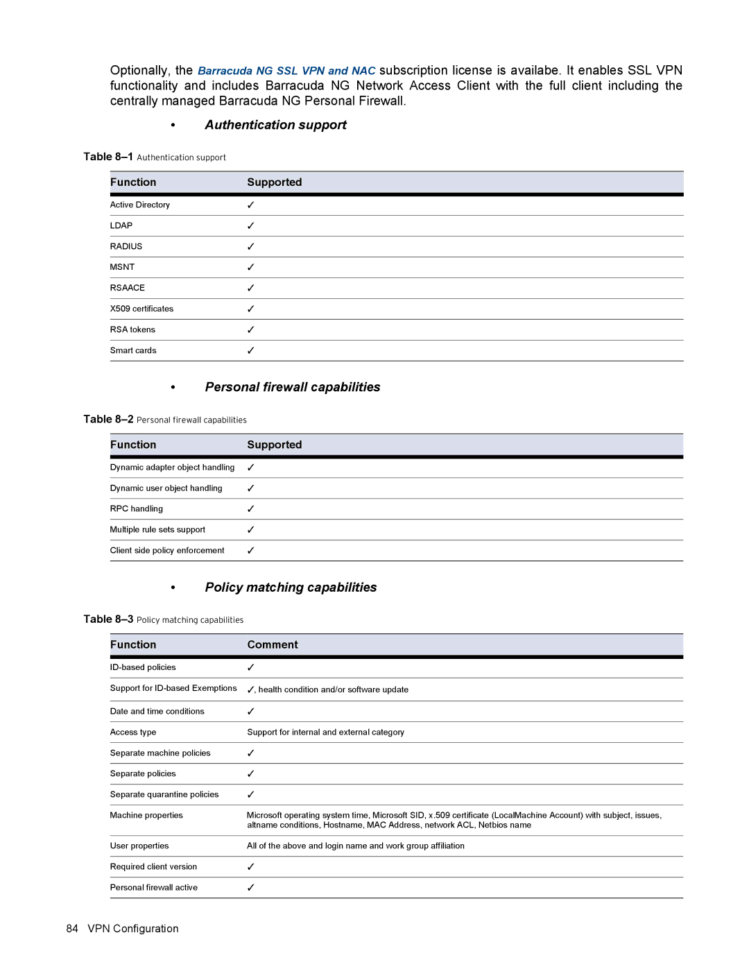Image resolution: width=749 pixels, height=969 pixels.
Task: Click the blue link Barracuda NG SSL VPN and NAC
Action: click(286, 71)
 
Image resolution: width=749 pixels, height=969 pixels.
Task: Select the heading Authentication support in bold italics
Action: click(275, 125)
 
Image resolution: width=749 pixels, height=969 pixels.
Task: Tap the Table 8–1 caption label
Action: click(108, 157)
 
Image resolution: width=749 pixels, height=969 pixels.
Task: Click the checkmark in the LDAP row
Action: click(250, 225)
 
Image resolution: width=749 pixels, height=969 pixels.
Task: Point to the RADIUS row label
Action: click(126, 246)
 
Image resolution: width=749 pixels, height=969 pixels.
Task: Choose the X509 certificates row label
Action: click(141, 309)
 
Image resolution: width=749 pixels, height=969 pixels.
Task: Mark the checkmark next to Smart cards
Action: click(250, 350)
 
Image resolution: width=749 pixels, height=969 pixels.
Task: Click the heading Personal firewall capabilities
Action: click(292, 387)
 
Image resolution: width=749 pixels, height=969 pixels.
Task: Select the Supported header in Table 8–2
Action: click(274, 445)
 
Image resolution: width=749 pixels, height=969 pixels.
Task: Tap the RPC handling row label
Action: click(137, 508)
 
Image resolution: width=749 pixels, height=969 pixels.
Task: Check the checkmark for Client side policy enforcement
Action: click(250, 550)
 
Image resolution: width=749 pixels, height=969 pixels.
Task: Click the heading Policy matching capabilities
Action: click(291, 588)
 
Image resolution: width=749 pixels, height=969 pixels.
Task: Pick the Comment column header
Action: click(273, 644)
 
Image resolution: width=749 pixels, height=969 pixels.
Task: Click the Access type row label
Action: click(133, 732)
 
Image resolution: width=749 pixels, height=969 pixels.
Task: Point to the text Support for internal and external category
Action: click(325, 732)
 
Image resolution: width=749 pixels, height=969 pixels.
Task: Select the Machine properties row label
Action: click(146, 815)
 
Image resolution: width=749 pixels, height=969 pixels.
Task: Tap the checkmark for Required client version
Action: click(250, 866)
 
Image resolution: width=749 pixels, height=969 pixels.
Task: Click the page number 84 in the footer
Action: click(72, 929)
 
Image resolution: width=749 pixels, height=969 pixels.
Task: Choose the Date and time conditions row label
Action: click(157, 711)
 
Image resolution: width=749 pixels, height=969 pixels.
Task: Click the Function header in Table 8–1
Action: click(133, 182)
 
